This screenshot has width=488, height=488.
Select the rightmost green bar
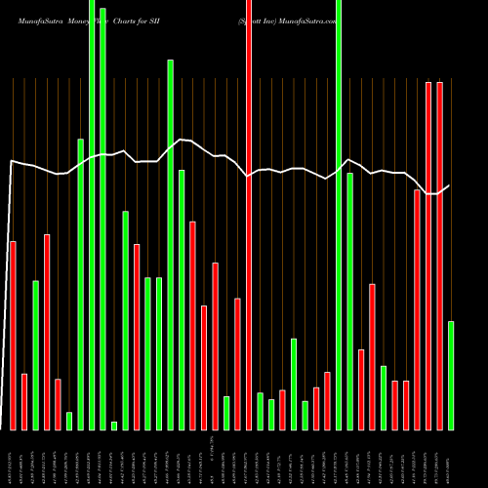(x=451, y=375)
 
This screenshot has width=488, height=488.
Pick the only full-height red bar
(x=249, y=215)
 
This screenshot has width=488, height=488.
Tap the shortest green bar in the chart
(x=114, y=426)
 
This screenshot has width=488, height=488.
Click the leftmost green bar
(x=35, y=355)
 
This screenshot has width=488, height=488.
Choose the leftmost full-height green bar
(x=92, y=215)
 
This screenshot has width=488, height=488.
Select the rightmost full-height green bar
(x=339, y=215)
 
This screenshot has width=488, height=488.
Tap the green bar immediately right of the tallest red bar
(x=260, y=411)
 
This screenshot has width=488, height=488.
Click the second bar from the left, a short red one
(x=24, y=401)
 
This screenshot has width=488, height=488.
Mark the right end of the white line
(x=450, y=185)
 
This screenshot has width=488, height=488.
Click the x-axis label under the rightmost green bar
(x=451, y=459)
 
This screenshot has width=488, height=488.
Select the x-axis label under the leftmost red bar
(x=13, y=459)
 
